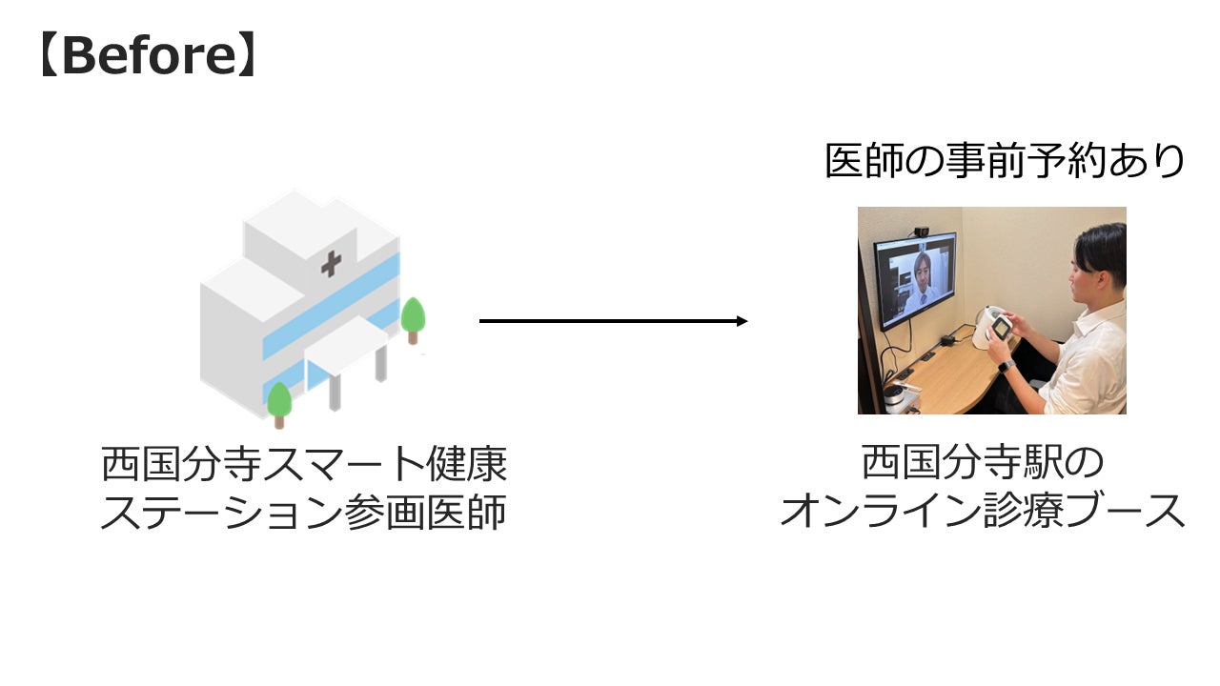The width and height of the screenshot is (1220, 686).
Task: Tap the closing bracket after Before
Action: click(246, 57)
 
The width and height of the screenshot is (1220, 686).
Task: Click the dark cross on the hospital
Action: click(331, 264)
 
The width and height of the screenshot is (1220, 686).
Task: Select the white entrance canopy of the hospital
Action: click(345, 343)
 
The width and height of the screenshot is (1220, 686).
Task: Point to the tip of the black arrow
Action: click(745, 321)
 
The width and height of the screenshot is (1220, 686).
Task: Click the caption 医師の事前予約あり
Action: click(1005, 161)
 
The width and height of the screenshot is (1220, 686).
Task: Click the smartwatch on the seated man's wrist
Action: click(1006, 366)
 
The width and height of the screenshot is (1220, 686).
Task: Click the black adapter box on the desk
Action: click(947, 340)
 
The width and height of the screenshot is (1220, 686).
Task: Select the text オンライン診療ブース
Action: click(982, 513)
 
